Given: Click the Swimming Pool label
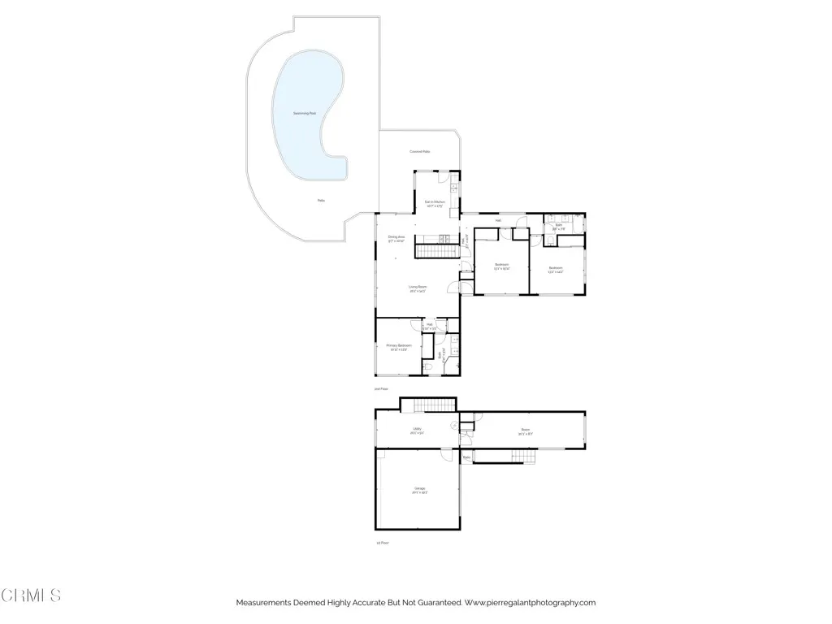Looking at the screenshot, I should coord(305,114).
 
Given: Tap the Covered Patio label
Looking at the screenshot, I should coord(420,152).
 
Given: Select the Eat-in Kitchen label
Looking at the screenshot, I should coord(434,203).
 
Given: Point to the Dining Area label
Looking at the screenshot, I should coord(396,239).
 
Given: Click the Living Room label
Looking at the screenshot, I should coord(418,288).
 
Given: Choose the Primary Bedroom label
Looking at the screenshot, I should coord(398,347).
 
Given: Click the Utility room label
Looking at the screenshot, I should coord(417,430).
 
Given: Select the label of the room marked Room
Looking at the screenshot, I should coord(526,431).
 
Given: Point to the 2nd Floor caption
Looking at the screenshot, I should coord(381,389).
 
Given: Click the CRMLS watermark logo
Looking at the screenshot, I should coord(31,596).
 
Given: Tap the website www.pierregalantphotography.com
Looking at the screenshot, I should coord(531,603).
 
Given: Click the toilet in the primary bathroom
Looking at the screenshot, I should coord(428,366).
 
